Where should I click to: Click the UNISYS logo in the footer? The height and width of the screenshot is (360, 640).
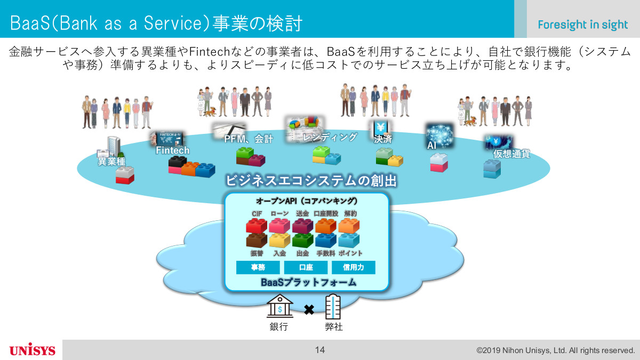point(33,350)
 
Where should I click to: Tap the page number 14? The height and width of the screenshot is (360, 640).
point(319,350)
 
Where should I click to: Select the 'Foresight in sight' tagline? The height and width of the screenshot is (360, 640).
point(582,25)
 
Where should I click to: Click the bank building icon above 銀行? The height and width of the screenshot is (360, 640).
point(279,306)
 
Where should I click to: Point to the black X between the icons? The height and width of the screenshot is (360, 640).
point(309,309)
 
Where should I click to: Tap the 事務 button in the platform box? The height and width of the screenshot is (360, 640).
point(258,267)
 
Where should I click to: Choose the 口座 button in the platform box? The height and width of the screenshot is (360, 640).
point(306,267)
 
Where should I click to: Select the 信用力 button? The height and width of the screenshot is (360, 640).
point(354,267)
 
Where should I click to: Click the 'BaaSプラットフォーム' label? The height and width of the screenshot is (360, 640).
point(309,282)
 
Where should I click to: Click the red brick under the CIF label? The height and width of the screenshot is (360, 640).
point(257,226)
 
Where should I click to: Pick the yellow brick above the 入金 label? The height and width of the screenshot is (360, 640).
point(279,240)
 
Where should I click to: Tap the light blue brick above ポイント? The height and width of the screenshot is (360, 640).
point(349,240)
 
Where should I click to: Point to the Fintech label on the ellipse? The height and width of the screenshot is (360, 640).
point(173,150)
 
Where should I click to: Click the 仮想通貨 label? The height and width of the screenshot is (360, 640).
point(511,154)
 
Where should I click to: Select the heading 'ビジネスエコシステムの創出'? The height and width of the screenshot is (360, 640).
point(311,181)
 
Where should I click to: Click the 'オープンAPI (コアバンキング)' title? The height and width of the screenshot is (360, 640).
point(307,201)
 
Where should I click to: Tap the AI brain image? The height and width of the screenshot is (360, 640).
point(439,135)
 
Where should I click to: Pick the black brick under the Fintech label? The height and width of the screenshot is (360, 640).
point(178,162)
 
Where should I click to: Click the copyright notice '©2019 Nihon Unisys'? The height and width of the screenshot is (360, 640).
point(555,350)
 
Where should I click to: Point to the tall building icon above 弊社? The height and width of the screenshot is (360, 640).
point(333,307)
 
